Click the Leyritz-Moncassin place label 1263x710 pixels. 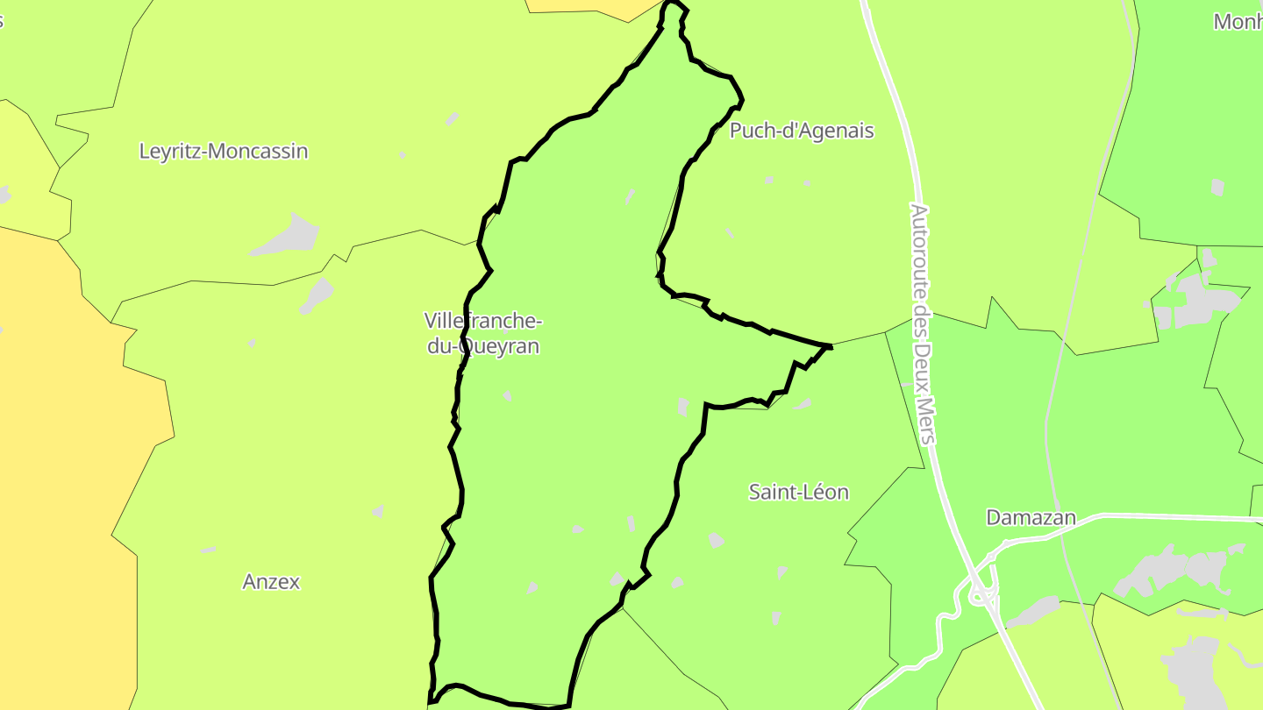click(x=224, y=151)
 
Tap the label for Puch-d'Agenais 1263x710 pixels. click(x=802, y=131)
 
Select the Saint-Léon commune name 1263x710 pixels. click(x=798, y=492)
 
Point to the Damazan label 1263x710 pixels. click(x=1031, y=517)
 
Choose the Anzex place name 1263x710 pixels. click(x=271, y=581)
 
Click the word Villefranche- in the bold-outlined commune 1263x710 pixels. click(x=483, y=320)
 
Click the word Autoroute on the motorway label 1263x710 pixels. click(x=918, y=249)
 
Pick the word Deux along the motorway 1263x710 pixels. click(x=922, y=364)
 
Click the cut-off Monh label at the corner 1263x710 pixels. click(x=1237, y=22)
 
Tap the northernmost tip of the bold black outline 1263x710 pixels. click(x=674, y=4)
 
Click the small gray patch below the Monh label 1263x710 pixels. click(x=1217, y=187)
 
